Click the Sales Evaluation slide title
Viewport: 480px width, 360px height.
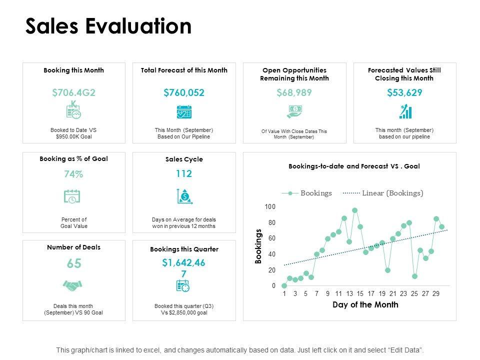click(108, 26)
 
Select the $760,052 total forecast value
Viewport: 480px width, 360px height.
click(184, 92)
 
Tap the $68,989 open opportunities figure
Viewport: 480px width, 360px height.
click(294, 92)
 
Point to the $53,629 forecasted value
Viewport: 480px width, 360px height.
click(404, 92)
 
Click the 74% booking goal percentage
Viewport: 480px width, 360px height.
click(73, 174)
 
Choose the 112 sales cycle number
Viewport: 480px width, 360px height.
click(183, 174)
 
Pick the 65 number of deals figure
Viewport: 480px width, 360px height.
click(73, 263)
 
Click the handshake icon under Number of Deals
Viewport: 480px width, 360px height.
click(72, 285)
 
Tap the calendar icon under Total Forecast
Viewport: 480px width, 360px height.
click(184, 111)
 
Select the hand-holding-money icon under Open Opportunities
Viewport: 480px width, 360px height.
click(294, 111)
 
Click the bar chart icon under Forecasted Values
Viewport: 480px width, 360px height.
click(404, 111)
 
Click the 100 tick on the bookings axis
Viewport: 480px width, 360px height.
click(270, 207)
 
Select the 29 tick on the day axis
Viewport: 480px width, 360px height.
click(436, 294)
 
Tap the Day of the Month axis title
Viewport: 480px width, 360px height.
click(365, 305)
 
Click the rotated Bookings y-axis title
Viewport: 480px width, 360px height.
click(258, 246)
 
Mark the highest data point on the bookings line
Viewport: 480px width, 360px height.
click(355, 210)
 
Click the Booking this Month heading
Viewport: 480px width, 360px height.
click(73, 70)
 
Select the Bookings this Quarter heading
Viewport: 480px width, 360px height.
click(184, 249)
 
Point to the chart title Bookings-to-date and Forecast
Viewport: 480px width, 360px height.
click(354, 166)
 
